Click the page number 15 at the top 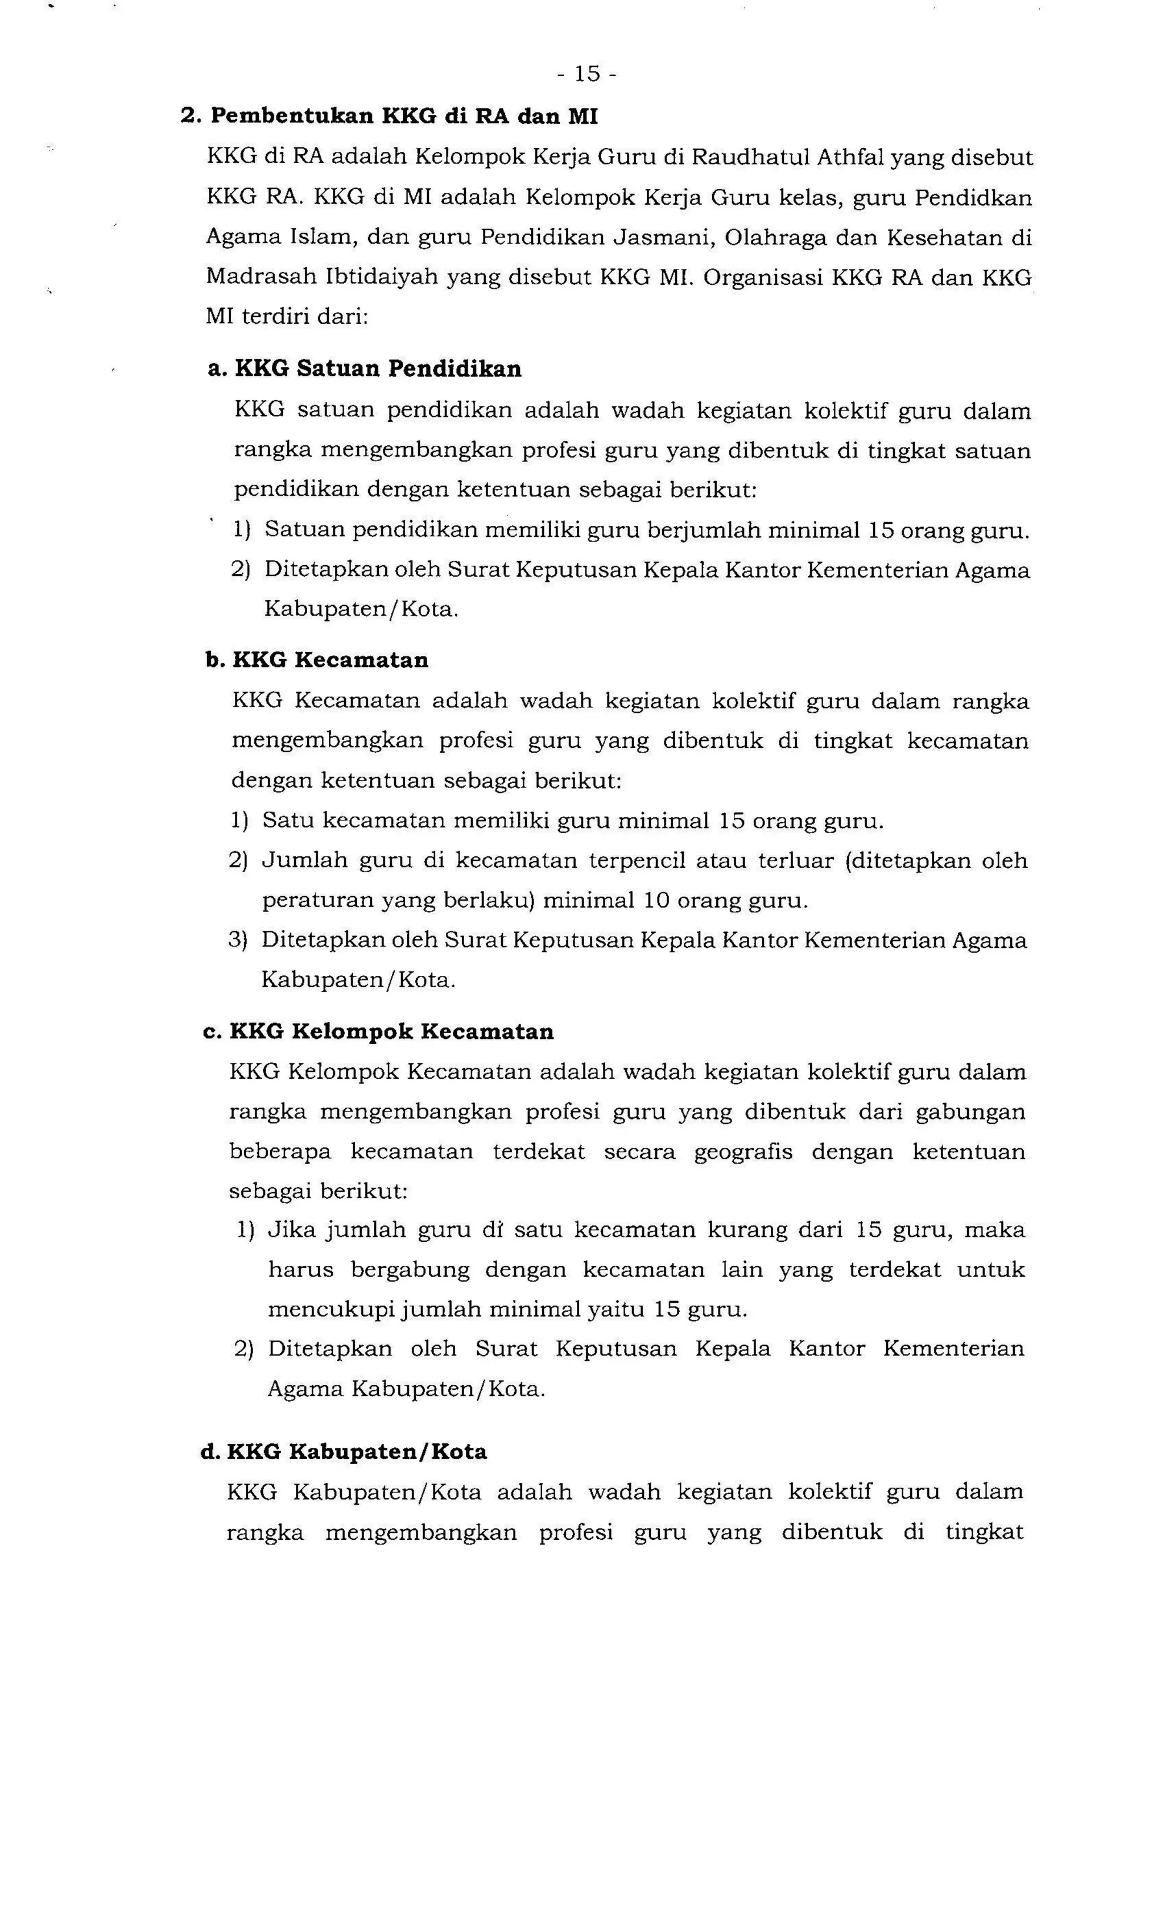(x=587, y=74)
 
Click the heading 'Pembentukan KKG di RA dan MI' (x=404, y=117)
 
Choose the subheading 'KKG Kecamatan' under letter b (x=330, y=660)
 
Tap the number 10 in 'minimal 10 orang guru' (x=657, y=901)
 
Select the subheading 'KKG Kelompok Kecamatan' (x=392, y=1032)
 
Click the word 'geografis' (x=743, y=1152)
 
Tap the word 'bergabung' (x=410, y=1270)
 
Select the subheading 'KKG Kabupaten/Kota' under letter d (x=357, y=1452)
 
